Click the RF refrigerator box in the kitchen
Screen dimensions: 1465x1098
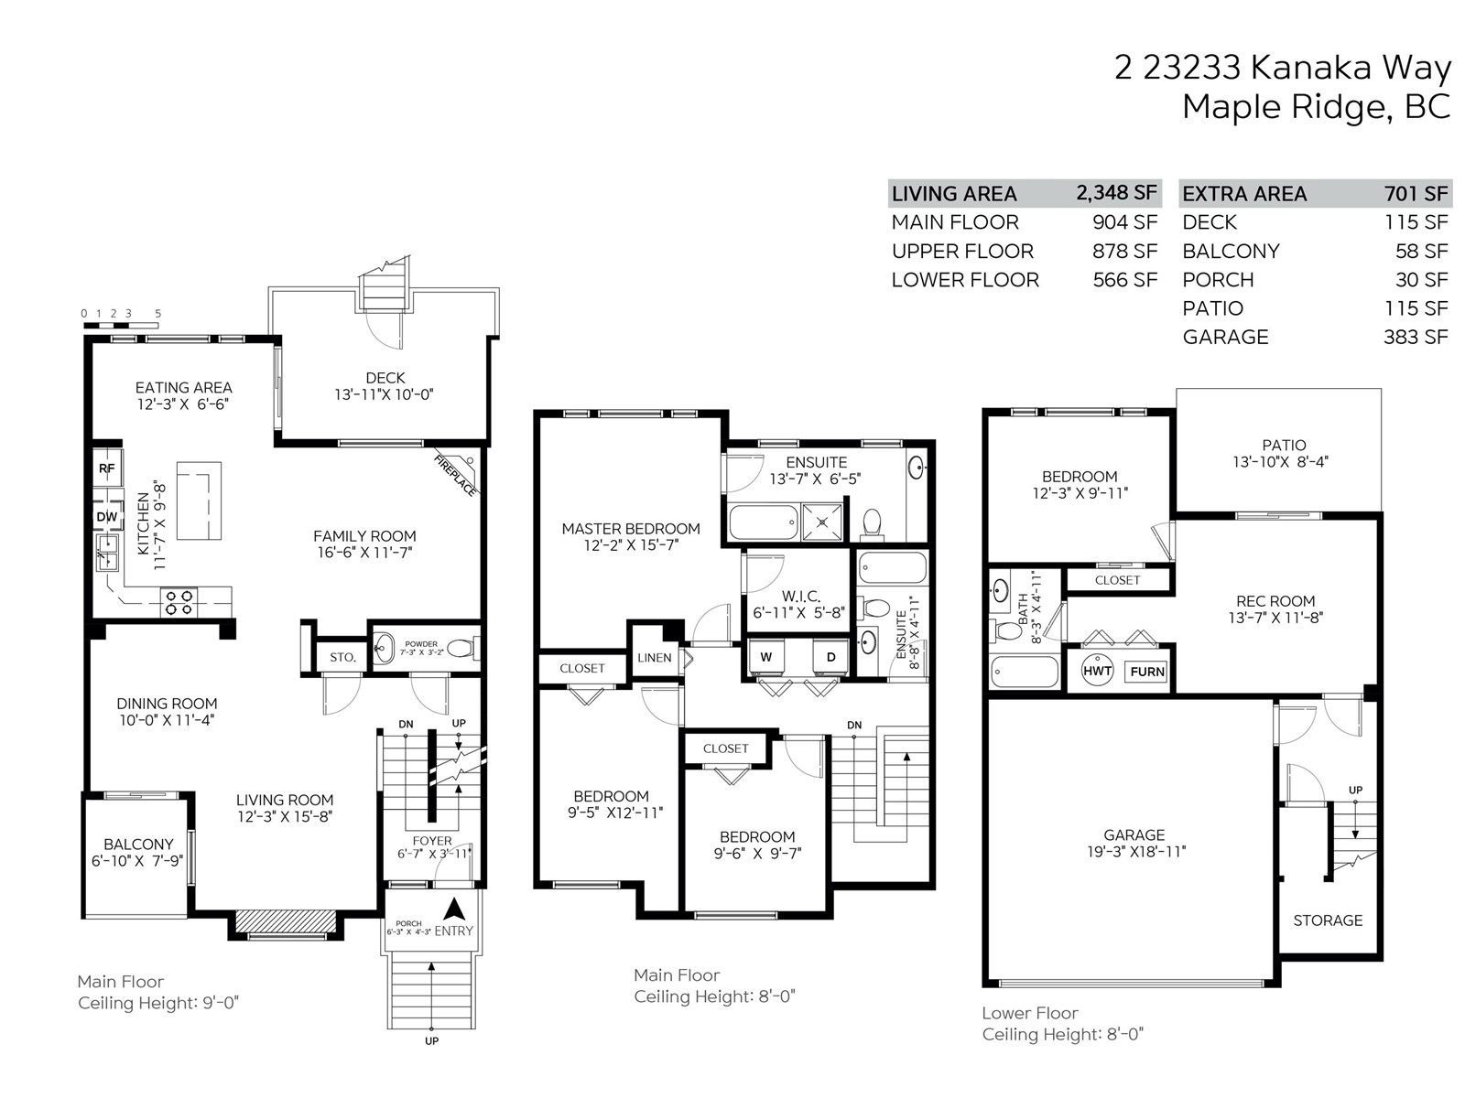coord(107,468)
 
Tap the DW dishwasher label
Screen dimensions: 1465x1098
coord(107,517)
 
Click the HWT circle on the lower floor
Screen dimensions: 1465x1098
coord(1097,672)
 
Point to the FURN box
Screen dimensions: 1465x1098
coord(1147,672)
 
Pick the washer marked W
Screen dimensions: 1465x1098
coord(765,657)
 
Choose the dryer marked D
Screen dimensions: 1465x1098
coord(831,657)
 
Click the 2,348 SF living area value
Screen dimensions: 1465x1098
coord(1116,193)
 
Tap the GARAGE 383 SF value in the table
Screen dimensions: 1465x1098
coord(1416,337)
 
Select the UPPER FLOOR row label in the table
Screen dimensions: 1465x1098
coord(962,252)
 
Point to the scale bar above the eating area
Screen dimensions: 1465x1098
coord(121,326)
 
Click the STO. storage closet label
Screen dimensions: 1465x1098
coord(342,657)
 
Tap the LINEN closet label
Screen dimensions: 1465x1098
coord(654,658)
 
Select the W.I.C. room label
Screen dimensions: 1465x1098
coord(800,596)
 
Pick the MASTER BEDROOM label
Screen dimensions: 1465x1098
coord(631,529)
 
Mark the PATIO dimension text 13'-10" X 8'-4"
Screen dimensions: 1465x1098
coord(1280,461)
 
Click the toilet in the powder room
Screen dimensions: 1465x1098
coord(461,647)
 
